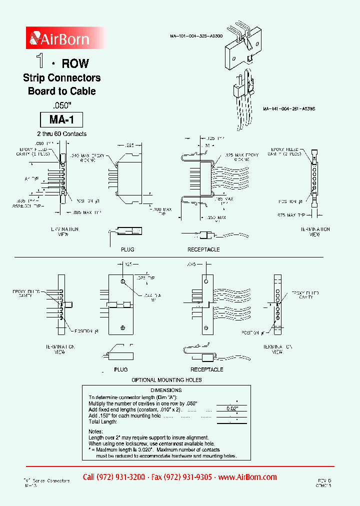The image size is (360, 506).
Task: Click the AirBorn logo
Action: click(60, 38)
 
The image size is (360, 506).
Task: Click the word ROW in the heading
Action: click(75, 63)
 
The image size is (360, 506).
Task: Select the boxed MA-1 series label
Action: click(61, 120)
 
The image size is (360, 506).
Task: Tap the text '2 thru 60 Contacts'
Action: click(61, 134)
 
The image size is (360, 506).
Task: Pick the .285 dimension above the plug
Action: click(129, 145)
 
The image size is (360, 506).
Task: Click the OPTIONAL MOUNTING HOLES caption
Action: click(166, 380)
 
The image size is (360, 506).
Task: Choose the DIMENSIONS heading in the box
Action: click(166, 390)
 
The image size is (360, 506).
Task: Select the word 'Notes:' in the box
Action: click(95, 431)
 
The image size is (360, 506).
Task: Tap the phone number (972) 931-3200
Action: click(113, 477)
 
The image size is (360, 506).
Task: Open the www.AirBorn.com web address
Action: click(247, 477)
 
